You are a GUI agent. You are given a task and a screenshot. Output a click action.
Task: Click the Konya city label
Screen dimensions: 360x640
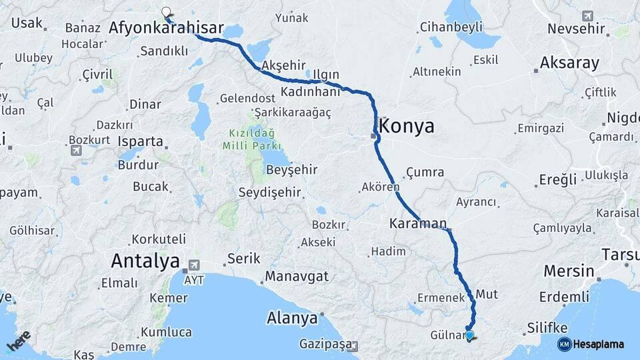coord(407,126)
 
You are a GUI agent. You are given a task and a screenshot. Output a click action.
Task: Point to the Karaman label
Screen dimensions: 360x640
coord(418,224)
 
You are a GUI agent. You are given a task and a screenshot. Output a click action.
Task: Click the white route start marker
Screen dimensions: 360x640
coord(166,11)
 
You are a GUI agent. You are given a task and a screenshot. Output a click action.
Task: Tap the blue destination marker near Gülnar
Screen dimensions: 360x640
coord(469,335)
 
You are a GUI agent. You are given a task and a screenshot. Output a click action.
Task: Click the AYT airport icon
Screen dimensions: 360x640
coord(193,265)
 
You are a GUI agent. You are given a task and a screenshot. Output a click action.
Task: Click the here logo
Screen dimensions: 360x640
coord(18,339)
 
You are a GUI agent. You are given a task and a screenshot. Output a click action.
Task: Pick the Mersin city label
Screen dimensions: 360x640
coord(569,271)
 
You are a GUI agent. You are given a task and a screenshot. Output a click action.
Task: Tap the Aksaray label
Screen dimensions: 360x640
coord(569,63)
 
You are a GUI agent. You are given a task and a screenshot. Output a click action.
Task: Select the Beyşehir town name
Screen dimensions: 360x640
coord(291,169)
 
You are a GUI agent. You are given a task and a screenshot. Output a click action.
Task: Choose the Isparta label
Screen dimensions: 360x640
coord(140,141)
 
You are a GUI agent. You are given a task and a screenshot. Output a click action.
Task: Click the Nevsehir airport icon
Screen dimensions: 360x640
coord(587,15)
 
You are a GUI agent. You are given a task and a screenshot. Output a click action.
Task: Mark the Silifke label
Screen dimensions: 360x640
coord(547,327)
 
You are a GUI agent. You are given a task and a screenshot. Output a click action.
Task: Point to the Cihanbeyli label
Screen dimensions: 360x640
coord(451,28)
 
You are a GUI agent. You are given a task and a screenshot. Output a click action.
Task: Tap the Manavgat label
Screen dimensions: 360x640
coord(297,276)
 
